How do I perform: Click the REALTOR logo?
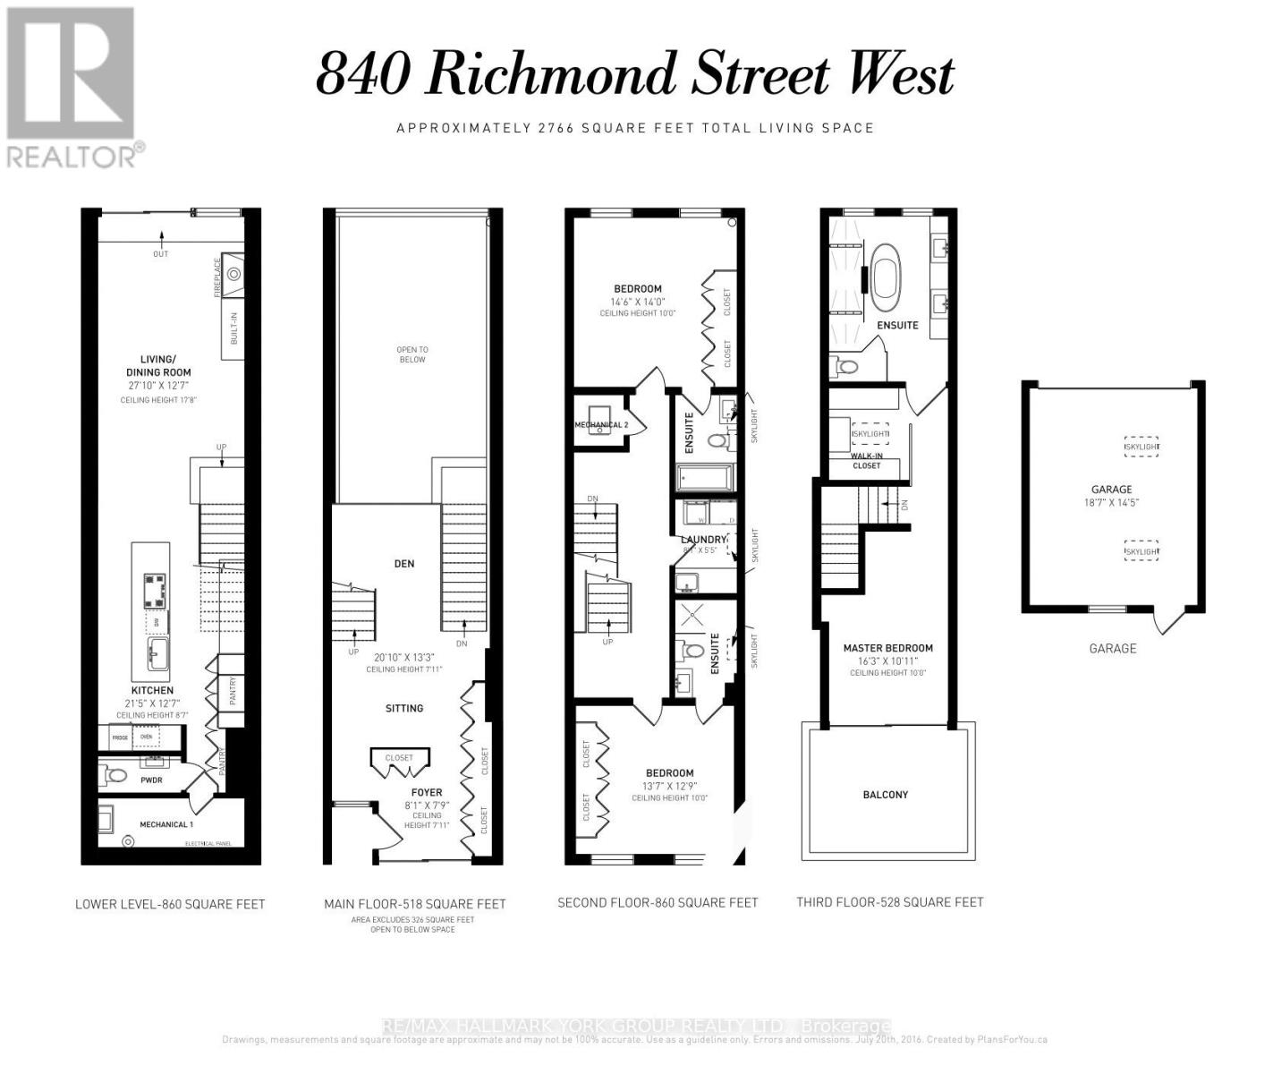[x=72, y=87]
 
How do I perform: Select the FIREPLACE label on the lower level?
[x=216, y=278]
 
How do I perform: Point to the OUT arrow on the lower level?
[x=161, y=243]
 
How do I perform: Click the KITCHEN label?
[x=152, y=690]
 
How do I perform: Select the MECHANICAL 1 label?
[x=166, y=824]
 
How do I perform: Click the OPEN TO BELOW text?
[x=412, y=354]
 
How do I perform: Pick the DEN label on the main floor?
[x=404, y=564]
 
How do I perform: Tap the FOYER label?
[x=427, y=792]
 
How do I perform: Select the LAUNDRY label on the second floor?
[x=703, y=540]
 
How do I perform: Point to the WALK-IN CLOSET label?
[x=866, y=461]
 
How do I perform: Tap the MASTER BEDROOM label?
[x=887, y=648]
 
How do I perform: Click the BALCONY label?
[x=885, y=795]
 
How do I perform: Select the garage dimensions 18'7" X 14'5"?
[x=1112, y=503]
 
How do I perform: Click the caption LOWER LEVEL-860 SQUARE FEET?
[x=170, y=904]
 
